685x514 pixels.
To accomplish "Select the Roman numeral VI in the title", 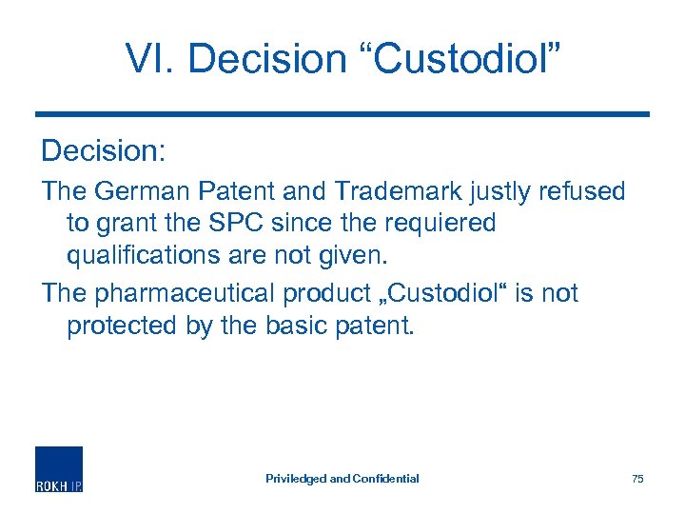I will pos(149,58).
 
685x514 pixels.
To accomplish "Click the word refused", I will pos(579,191).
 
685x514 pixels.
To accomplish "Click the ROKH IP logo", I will pos(59,468).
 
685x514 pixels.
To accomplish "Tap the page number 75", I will pos(637,479).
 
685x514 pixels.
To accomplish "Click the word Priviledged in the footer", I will pos(295,479).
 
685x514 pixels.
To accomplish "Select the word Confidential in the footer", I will pos(386,479).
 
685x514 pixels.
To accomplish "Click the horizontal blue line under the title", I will pos(342,114).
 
